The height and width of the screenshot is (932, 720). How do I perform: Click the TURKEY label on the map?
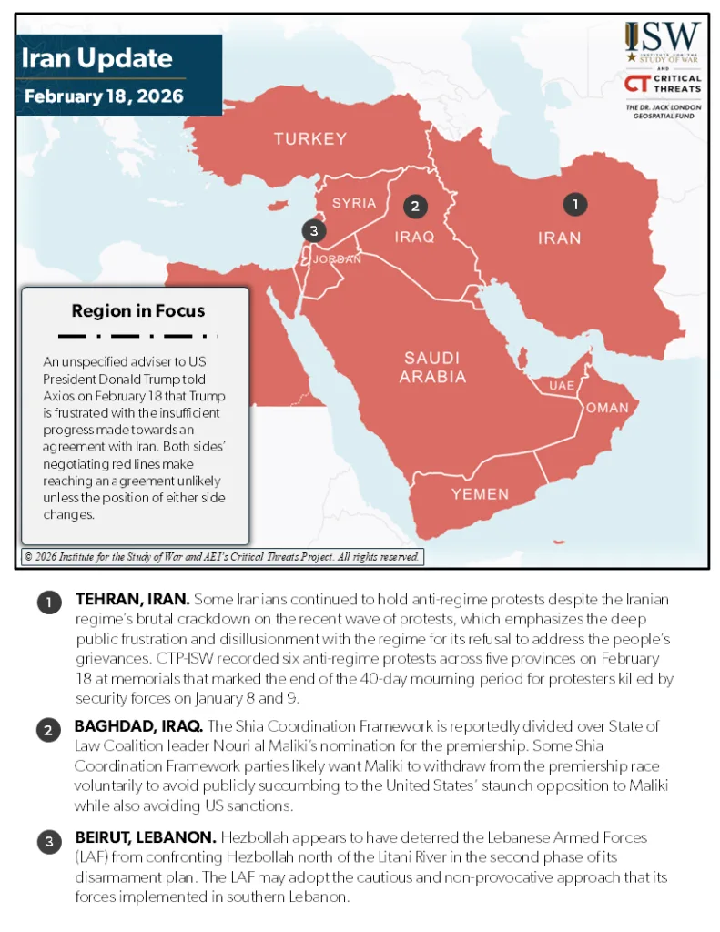pos(310,139)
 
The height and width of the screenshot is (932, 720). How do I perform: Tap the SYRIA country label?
pos(354,203)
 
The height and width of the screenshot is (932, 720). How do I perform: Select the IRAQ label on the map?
pos(414,237)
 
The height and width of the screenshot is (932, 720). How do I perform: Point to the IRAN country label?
pos(559,238)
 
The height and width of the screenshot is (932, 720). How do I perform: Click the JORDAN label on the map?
pos(337,259)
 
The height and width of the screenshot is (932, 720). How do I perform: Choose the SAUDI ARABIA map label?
pos(432,367)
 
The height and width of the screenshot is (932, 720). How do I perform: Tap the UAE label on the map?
pos(562,386)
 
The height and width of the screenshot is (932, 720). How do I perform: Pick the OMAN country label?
pos(607,408)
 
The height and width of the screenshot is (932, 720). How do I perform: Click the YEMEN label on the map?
pos(481,494)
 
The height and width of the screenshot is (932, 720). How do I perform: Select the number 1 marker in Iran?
pos(574,204)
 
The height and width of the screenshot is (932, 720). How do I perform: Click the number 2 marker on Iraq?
pos(415,206)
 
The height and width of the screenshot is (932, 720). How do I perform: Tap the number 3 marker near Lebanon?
pos(313,231)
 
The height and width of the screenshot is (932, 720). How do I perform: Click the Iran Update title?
pos(96,59)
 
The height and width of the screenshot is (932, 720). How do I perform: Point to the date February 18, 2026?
pos(104,96)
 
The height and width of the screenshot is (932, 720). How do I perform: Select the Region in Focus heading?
pos(138,311)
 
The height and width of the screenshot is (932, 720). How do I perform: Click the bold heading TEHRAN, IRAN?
pos(132,599)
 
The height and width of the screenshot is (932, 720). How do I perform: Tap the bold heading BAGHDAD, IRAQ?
pos(139,725)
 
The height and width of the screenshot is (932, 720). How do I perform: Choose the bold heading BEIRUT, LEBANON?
pos(145,836)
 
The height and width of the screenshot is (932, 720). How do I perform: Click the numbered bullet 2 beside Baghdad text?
pos(48,730)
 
